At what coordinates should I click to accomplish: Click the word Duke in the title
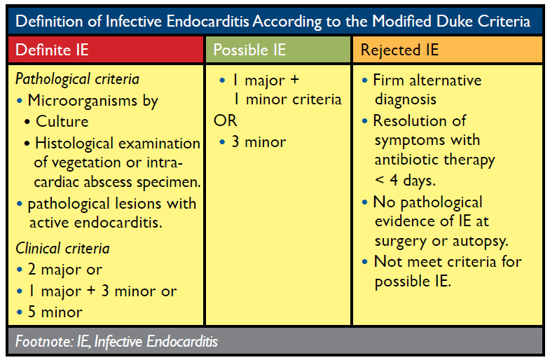click(455, 21)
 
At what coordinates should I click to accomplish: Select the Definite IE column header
click(52, 50)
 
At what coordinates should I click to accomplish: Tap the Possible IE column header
click(249, 50)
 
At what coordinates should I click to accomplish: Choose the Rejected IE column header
click(399, 50)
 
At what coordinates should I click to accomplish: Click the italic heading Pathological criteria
click(77, 79)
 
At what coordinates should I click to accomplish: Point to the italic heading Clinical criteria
click(62, 248)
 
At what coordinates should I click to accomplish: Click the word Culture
click(62, 121)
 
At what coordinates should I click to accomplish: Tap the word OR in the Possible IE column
click(226, 120)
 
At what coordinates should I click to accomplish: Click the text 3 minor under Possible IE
click(259, 142)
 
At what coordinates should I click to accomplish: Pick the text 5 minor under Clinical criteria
click(55, 312)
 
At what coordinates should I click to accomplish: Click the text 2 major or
click(65, 269)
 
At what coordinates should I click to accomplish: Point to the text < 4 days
click(405, 180)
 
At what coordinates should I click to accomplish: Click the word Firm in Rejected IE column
click(388, 81)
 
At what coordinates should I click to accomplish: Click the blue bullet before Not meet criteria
click(365, 261)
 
